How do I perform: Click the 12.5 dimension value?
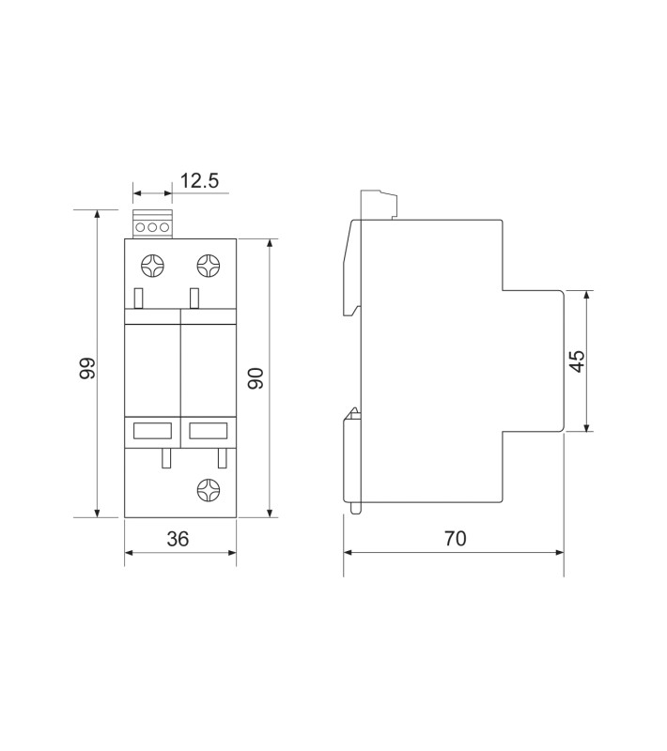pyautogui.click(x=199, y=181)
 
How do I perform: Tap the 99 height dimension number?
pyautogui.click(x=87, y=368)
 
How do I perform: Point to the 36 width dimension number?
pyautogui.click(x=178, y=539)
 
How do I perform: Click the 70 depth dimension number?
pyautogui.click(x=455, y=538)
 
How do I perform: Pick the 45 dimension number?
pyautogui.click(x=577, y=360)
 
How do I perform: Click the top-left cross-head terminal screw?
pyautogui.click(x=152, y=266)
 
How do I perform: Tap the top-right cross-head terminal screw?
pyautogui.click(x=209, y=266)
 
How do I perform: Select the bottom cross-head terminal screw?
pyautogui.click(x=209, y=490)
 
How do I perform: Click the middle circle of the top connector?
pyautogui.click(x=152, y=227)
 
